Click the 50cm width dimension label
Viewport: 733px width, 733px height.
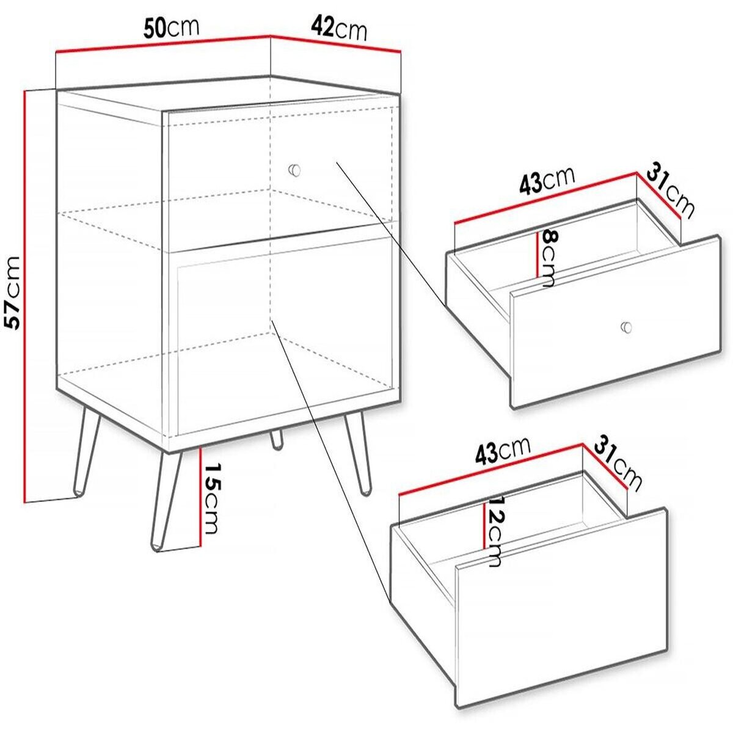(172, 28)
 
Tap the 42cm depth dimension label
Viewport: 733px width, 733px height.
(338, 28)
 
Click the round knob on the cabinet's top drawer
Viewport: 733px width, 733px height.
(294, 169)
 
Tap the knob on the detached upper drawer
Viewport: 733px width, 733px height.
(624, 327)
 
